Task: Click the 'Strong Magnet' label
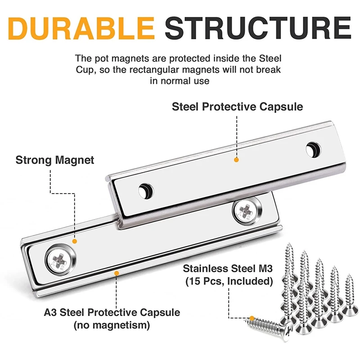[55, 160]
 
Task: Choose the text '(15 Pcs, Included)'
[228, 282]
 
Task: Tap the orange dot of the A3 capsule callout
[117, 272]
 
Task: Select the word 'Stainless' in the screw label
[205, 270]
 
